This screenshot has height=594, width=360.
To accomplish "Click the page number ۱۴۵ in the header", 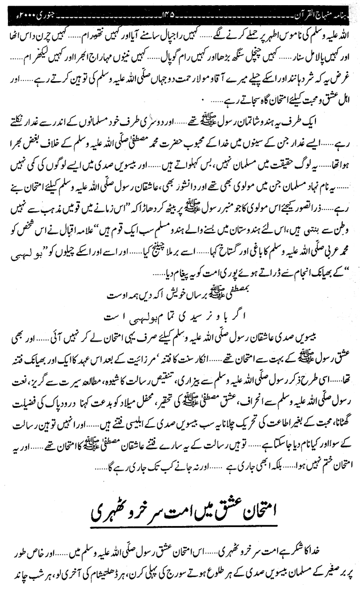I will tap(183, 7).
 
